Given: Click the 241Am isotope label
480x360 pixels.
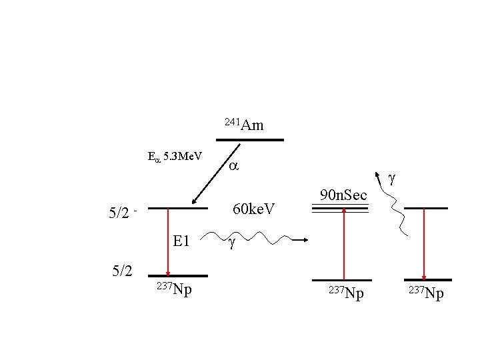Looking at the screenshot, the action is pos(244,125).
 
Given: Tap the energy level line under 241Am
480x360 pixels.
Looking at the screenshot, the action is pos(250,140).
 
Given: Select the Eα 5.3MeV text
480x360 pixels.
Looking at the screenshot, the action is pos(175,157).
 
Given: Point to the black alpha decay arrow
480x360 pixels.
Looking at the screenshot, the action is pos(216,173).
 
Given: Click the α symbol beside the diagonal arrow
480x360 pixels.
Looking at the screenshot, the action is pos(233,166).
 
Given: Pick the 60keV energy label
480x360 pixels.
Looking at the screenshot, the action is pos(253,209).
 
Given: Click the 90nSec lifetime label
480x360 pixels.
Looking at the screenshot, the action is pos(343,195).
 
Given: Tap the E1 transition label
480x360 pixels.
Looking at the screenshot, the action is pos(181,241).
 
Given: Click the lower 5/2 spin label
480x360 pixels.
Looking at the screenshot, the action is pos(122,271).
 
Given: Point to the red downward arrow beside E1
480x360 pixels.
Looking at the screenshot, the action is pos(168,242).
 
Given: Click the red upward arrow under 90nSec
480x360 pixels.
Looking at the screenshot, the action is pos(344,244).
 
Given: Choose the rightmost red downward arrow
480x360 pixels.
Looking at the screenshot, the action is pos(424,244).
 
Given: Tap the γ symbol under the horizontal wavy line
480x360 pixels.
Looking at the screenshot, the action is pos(232,243).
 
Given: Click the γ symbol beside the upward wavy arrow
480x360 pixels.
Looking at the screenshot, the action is pos(391,179).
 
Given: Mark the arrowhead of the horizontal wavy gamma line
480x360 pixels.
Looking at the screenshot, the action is pos(305,240).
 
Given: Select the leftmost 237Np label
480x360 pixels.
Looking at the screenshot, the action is pos(175,289).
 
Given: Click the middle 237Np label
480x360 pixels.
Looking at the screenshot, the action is pos(346,293).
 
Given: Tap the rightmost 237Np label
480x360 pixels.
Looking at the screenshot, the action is pos(426,293).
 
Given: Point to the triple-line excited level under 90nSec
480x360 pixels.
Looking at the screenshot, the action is pos(340,209).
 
